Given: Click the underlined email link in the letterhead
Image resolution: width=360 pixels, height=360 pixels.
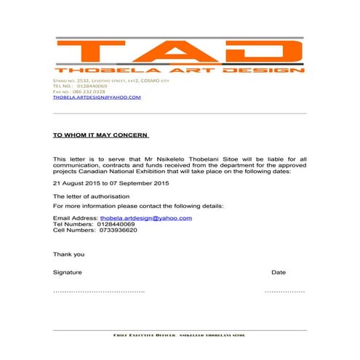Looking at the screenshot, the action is coord(96,97).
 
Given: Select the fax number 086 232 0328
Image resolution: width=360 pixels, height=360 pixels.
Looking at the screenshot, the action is coord(87,91).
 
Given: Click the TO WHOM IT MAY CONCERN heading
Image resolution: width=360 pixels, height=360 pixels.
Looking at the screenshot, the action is coord(100,135).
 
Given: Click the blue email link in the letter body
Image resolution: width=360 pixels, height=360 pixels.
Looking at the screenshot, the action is coord(145,218).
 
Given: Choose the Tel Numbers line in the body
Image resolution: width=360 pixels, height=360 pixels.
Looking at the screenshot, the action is coord(94,224).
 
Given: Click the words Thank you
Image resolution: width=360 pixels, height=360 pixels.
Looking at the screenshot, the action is coord(68,254).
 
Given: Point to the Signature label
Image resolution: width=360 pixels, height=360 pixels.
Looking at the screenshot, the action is coord(67,272).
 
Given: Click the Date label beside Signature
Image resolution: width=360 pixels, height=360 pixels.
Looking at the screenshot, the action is coord(279,272).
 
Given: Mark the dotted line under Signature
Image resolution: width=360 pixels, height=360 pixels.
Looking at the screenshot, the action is coord(99,291).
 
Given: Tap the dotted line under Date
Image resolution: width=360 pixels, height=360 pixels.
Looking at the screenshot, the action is coord(284,291).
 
